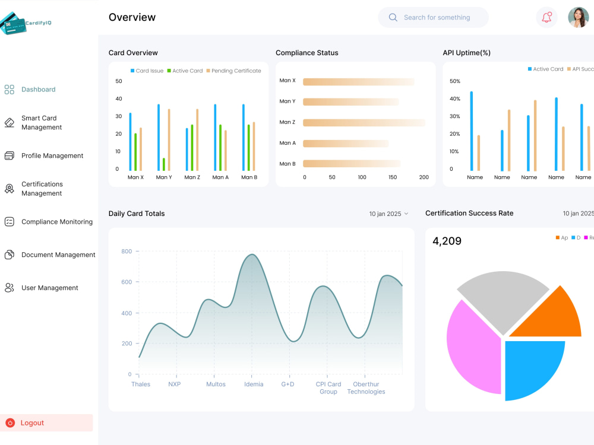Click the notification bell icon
point(546,17)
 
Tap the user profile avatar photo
point(578,17)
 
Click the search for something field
point(437,18)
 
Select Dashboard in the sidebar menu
point(38,90)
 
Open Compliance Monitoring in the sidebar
point(56,222)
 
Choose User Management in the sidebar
point(49,288)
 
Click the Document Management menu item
point(58,255)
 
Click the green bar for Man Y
point(163,164)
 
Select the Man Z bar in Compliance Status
point(364,122)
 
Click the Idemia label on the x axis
point(254,384)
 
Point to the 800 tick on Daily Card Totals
point(126,252)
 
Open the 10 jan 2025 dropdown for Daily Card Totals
point(388,214)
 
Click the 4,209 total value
point(447,241)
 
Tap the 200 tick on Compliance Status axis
point(424,177)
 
